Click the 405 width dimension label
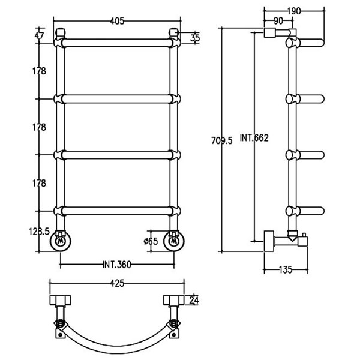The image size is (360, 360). (x=117, y=21)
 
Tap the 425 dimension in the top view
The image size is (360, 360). (x=117, y=283)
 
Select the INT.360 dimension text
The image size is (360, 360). (x=117, y=265)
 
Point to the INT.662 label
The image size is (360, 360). (x=254, y=138)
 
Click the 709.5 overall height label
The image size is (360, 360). (x=222, y=140)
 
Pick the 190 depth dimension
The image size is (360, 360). (x=293, y=11)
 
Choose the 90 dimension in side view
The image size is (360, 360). (x=278, y=21)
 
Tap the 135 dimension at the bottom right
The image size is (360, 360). (x=286, y=269)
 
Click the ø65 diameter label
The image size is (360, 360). (x=151, y=241)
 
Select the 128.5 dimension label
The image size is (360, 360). (x=39, y=232)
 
